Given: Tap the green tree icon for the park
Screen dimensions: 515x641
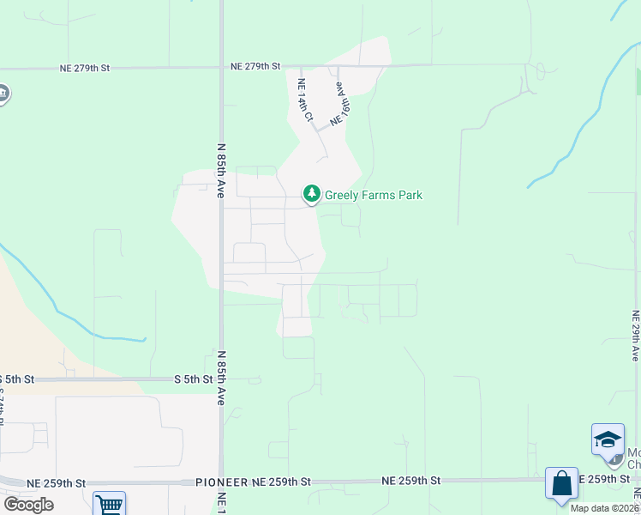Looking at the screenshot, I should pyautogui.click(x=312, y=194).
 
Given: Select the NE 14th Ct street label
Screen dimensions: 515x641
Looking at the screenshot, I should pyautogui.click(x=303, y=100).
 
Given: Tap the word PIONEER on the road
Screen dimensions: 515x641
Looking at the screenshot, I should pyautogui.click(x=222, y=482).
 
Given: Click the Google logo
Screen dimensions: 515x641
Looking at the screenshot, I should pyautogui.click(x=27, y=505).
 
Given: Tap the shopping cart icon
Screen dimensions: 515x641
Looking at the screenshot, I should pyautogui.click(x=110, y=505).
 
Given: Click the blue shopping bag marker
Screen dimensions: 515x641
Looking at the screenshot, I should pyautogui.click(x=561, y=483).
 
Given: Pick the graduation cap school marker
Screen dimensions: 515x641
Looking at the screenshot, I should pyautogui.click(x=608, y=439).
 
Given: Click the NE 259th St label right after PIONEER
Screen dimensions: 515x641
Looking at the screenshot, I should pyautogui.click(x=281, y=482).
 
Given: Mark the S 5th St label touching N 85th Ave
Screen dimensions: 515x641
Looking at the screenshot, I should pyautogui.click(x=193, y=379).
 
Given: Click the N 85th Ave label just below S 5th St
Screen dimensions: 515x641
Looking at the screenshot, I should pyautogui.click(x=221, y=378).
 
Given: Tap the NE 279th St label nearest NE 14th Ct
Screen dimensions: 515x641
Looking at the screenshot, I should pyautogui.click(x=256, y=66).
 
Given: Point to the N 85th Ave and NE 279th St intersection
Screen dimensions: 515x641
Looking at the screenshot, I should pyautogui.click(x=221, y=67).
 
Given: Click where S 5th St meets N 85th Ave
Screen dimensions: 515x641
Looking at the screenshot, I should pyautogui.click(x=221, y=379).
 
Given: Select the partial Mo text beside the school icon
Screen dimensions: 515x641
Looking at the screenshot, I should pyautogui.click(x=633, y=452).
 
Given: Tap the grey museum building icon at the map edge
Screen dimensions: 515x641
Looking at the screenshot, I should pyautogui.click(x=3, y=94).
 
